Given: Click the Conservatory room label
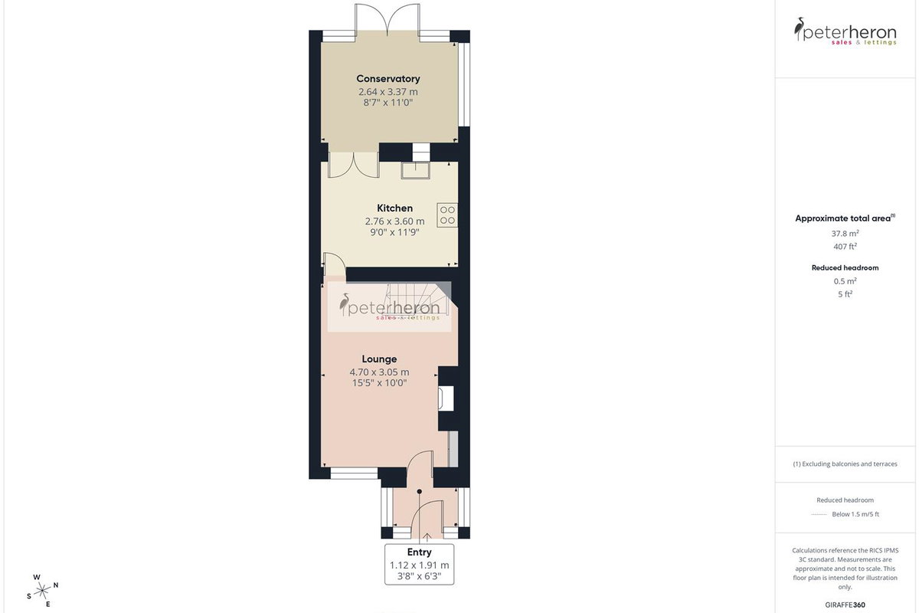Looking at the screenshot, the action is pyautogui.click(x=388, y=78).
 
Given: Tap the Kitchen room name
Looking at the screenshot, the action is pyautogui.click(x=394, y=208).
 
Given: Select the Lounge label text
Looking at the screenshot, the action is pyautogui.click(x=379, y=359).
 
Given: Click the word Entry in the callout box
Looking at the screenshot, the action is pyautogui.click(x=420, y=552).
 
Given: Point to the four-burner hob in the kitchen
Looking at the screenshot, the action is pyautogui.click(x=447, y=215).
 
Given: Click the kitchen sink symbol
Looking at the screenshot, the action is pyautogui.click(x=416, y=171).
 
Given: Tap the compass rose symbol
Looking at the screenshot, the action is pyautogui.click(x=42, y=592).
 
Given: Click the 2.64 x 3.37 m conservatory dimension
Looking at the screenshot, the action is pyautogui.click(x=388, y=91).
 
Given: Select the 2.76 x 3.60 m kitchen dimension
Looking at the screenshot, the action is pyautogui.click(x=394, y=221).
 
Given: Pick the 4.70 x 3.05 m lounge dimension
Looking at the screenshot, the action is pyautogui.click(x=379, y=372).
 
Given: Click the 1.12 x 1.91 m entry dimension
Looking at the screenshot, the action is pyautogui.click(x=420, y=565).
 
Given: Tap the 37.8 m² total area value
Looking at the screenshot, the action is pyautogui.click(x=845, y=233).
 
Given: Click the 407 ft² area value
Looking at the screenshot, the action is pyautogui.click(x=845, y=247).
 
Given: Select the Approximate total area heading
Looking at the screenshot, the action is pyautogui.click(x=845, y=218).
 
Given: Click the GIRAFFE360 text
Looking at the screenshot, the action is pyautogui.click(x=845, y=605).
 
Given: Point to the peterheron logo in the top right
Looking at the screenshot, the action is pyautogui.click(x=845, y=31).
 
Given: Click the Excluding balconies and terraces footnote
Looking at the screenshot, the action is pyautogui.click(x=845, y=464).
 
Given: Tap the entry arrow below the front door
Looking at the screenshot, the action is pyautogui.click(x=427, y=536).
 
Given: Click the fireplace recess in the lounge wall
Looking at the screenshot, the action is pyautogui.click(x=446, y=398).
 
